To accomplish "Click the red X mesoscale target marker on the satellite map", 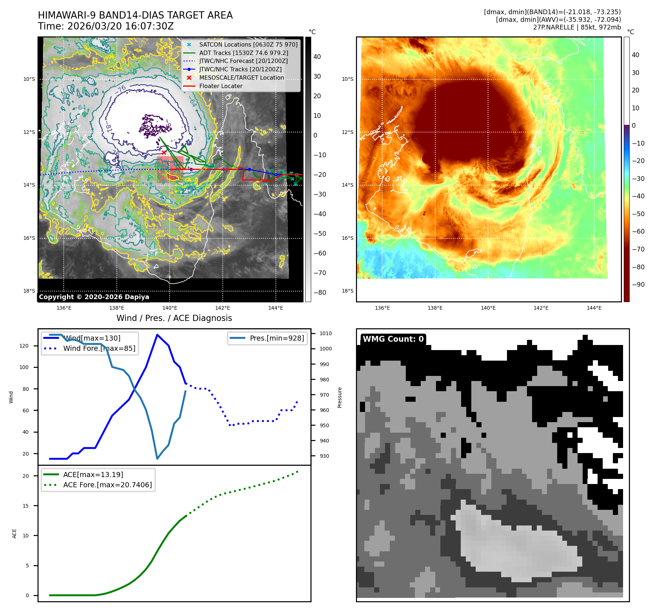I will point(164,152).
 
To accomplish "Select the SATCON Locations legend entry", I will point(248,44).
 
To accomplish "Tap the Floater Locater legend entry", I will point(221,86).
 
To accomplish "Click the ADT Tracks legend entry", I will point(243,53).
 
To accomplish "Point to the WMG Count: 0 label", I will point(393,339).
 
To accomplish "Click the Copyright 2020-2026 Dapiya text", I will point(94,297).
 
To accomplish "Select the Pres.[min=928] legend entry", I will point(277,338).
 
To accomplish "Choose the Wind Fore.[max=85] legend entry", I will point(99,348).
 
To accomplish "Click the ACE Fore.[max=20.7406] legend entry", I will point(107,485).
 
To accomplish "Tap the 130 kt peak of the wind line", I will point(157,335).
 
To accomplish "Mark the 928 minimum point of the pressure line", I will point(157,459).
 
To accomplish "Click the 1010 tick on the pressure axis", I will point(325,333).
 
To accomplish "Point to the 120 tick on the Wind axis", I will point(24,346).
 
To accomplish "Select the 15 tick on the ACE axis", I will point(25,506).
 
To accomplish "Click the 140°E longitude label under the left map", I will point(170,308).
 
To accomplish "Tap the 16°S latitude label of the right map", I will point(347,238).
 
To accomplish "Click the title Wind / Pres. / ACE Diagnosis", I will point(174,318).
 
